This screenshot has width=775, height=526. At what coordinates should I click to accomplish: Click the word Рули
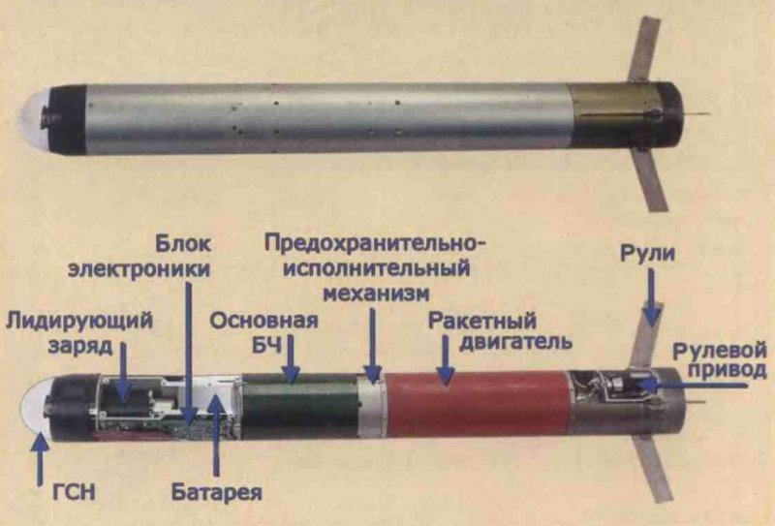pyautogui.click(x=649, y=255)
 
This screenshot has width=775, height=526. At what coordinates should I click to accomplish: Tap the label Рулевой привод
pyautogui.click(x=722, y=360)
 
